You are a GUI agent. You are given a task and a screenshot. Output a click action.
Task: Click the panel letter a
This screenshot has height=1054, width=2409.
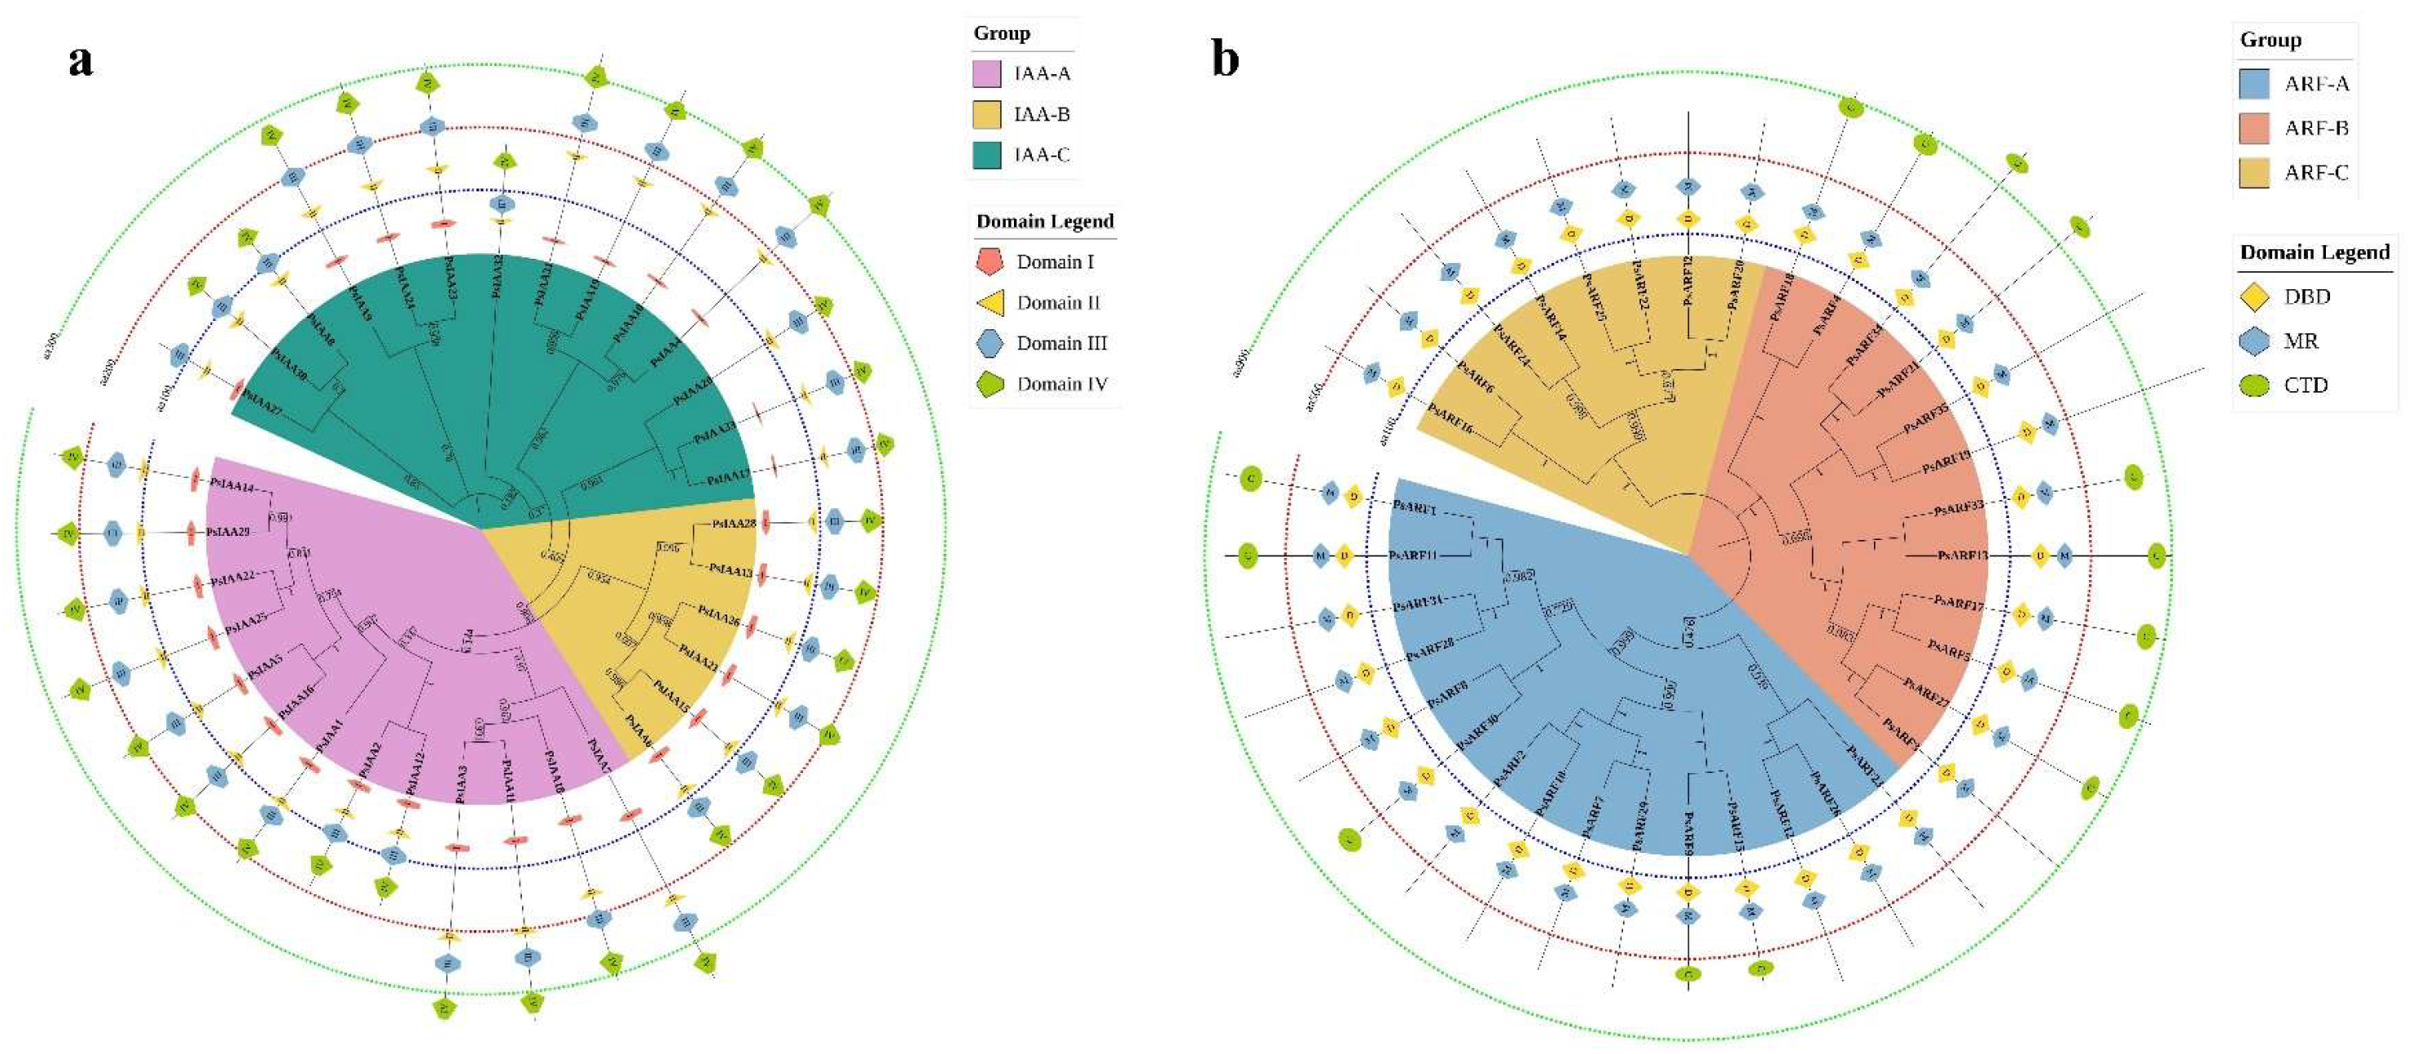(x=81, y=61)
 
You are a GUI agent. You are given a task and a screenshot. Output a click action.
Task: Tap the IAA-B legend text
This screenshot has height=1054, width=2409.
(x=1042, y=114)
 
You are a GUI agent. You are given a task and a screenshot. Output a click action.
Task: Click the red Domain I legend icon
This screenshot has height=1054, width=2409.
(x=989, y=261)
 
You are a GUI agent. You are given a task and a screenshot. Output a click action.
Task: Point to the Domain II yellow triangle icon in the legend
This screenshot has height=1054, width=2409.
(x=990, y=303)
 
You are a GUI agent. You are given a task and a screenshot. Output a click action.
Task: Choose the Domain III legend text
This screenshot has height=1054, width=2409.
(x=1061, y=343)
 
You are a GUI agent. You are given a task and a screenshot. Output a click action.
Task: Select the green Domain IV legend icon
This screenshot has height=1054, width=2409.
(x=989, y=384)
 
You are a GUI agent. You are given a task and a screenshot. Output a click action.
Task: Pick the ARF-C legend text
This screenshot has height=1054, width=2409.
(x=2316, y=172)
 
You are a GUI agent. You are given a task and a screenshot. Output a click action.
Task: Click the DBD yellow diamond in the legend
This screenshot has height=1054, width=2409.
(x=2255, y=297)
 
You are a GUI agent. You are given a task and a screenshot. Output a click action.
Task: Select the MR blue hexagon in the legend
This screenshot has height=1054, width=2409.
(x=2255, y=341)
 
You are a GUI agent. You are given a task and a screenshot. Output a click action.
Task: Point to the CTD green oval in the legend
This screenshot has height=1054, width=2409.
(x=2255, y=385)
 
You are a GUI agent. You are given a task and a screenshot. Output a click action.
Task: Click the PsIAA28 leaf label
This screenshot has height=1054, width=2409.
(x=733, y=524)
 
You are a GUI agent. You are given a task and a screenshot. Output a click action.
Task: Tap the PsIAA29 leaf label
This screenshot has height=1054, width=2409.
(x=228, y=532)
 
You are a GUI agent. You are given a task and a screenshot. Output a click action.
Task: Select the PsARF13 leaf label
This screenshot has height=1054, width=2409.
(x=1962, y=556)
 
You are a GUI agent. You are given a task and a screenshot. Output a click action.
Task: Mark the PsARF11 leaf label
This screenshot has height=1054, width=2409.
(x=1412, y=556)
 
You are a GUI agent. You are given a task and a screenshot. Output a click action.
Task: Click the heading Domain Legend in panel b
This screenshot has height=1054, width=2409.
(x=2315, y=253)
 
